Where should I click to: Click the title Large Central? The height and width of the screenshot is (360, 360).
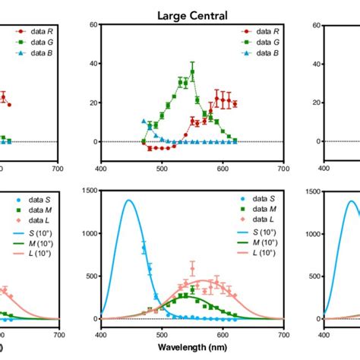(x=192, y=14)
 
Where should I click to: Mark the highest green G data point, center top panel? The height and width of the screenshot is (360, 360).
(x=192, y=72)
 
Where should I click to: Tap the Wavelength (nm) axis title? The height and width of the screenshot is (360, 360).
(x=192, y=351)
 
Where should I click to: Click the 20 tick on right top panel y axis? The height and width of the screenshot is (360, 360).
(x=314, y=103)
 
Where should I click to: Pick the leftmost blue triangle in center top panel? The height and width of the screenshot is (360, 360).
(x=144, y=121)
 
